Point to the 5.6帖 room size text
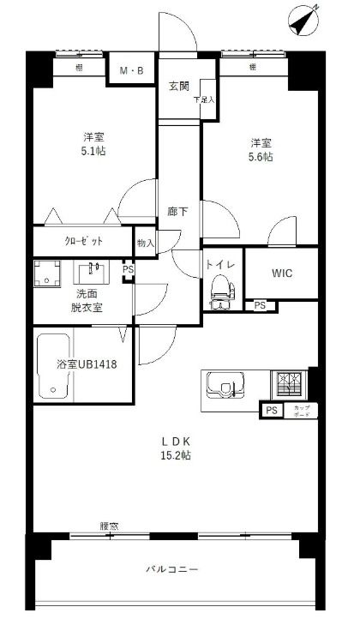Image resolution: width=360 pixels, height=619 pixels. click(261, 157)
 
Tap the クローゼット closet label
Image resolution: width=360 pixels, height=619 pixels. click(84, 241)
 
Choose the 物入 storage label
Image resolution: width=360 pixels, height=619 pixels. click(146, 243)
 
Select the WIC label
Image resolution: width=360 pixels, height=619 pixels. click(283, 273)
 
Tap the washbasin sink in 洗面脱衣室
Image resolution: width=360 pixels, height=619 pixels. click(92, 273)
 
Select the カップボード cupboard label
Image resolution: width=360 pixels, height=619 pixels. click(302, 410)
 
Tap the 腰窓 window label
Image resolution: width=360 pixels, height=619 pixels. click(109, 526)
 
